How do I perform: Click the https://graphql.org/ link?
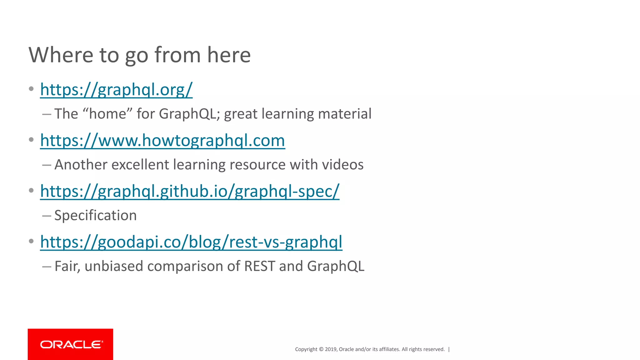pos(116,90)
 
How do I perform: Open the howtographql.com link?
pos(162,141)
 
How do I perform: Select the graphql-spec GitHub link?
pos(190,191)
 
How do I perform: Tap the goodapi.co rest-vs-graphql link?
pos(191,242)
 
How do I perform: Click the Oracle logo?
pos(71,344)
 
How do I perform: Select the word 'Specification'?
pos(96,216)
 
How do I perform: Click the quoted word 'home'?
pos(107,114)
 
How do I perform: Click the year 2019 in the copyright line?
pos(330,349)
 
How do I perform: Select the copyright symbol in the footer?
pos(321,349)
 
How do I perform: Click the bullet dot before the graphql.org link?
pos(31,89)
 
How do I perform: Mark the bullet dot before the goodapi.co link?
pos(31,241)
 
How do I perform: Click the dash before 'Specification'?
pos(47,216)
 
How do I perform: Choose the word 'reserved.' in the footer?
pos(434,349)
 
